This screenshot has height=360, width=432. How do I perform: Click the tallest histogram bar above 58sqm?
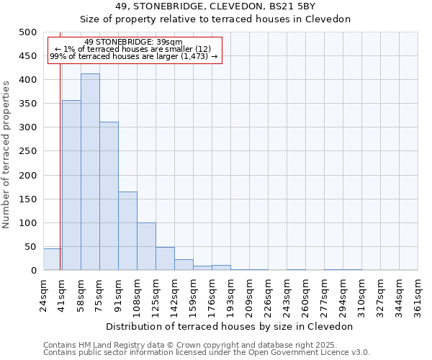pos(90,172)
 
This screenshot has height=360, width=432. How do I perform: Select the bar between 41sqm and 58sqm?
pos(71,185)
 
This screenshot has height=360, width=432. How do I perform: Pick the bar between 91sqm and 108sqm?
pos(127,230)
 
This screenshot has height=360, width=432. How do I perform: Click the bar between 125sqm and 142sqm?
pos(165,258)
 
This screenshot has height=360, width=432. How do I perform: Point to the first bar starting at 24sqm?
pos(52,259)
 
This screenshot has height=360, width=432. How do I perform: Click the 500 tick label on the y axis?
pos(27,32)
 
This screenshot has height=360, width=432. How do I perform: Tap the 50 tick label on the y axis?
pos(30,247)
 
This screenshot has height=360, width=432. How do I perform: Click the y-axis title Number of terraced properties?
pos(6,154)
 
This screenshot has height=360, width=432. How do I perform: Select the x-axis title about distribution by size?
pos(230,326)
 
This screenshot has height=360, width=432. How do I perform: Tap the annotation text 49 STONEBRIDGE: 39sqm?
pos(133,42)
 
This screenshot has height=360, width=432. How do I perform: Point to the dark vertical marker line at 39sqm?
pos(60,180)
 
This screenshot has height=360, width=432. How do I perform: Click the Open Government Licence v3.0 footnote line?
pos(207,352)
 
